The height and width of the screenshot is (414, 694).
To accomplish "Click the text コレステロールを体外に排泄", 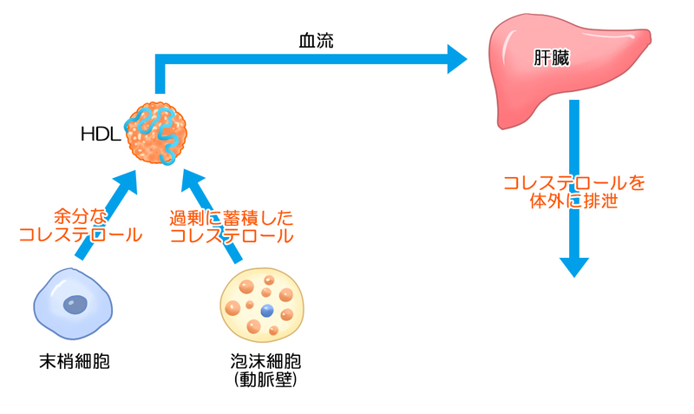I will pos(574,193).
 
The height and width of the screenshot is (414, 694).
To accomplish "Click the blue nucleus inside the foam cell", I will pos(266,311).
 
